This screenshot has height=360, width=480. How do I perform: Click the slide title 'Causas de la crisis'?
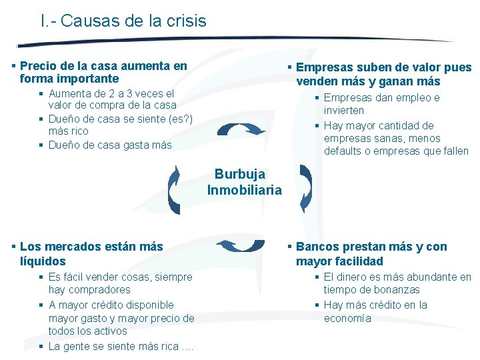click(x=133, y=21)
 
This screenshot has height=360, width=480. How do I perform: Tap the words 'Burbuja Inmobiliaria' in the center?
click(x=244, y=182)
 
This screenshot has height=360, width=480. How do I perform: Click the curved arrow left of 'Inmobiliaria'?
click(x=174, y=189)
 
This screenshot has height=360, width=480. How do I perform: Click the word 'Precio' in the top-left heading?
click(x=38, y=66)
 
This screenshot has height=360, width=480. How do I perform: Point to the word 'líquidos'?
click(x=43, y=261)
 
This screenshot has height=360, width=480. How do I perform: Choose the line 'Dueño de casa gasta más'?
click(x=110, y=145)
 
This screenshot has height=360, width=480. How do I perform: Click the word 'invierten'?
click(x=344, y=111)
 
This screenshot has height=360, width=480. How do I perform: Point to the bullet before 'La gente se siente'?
click(x=41, y=347)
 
